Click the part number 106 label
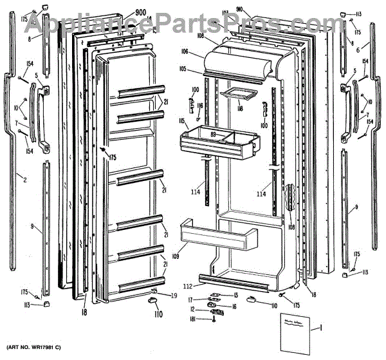pos(201,52)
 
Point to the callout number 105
pos(201,69)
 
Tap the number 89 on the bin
pos(213,133)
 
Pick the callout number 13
pos(236,295)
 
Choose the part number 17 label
pos(191,299)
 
